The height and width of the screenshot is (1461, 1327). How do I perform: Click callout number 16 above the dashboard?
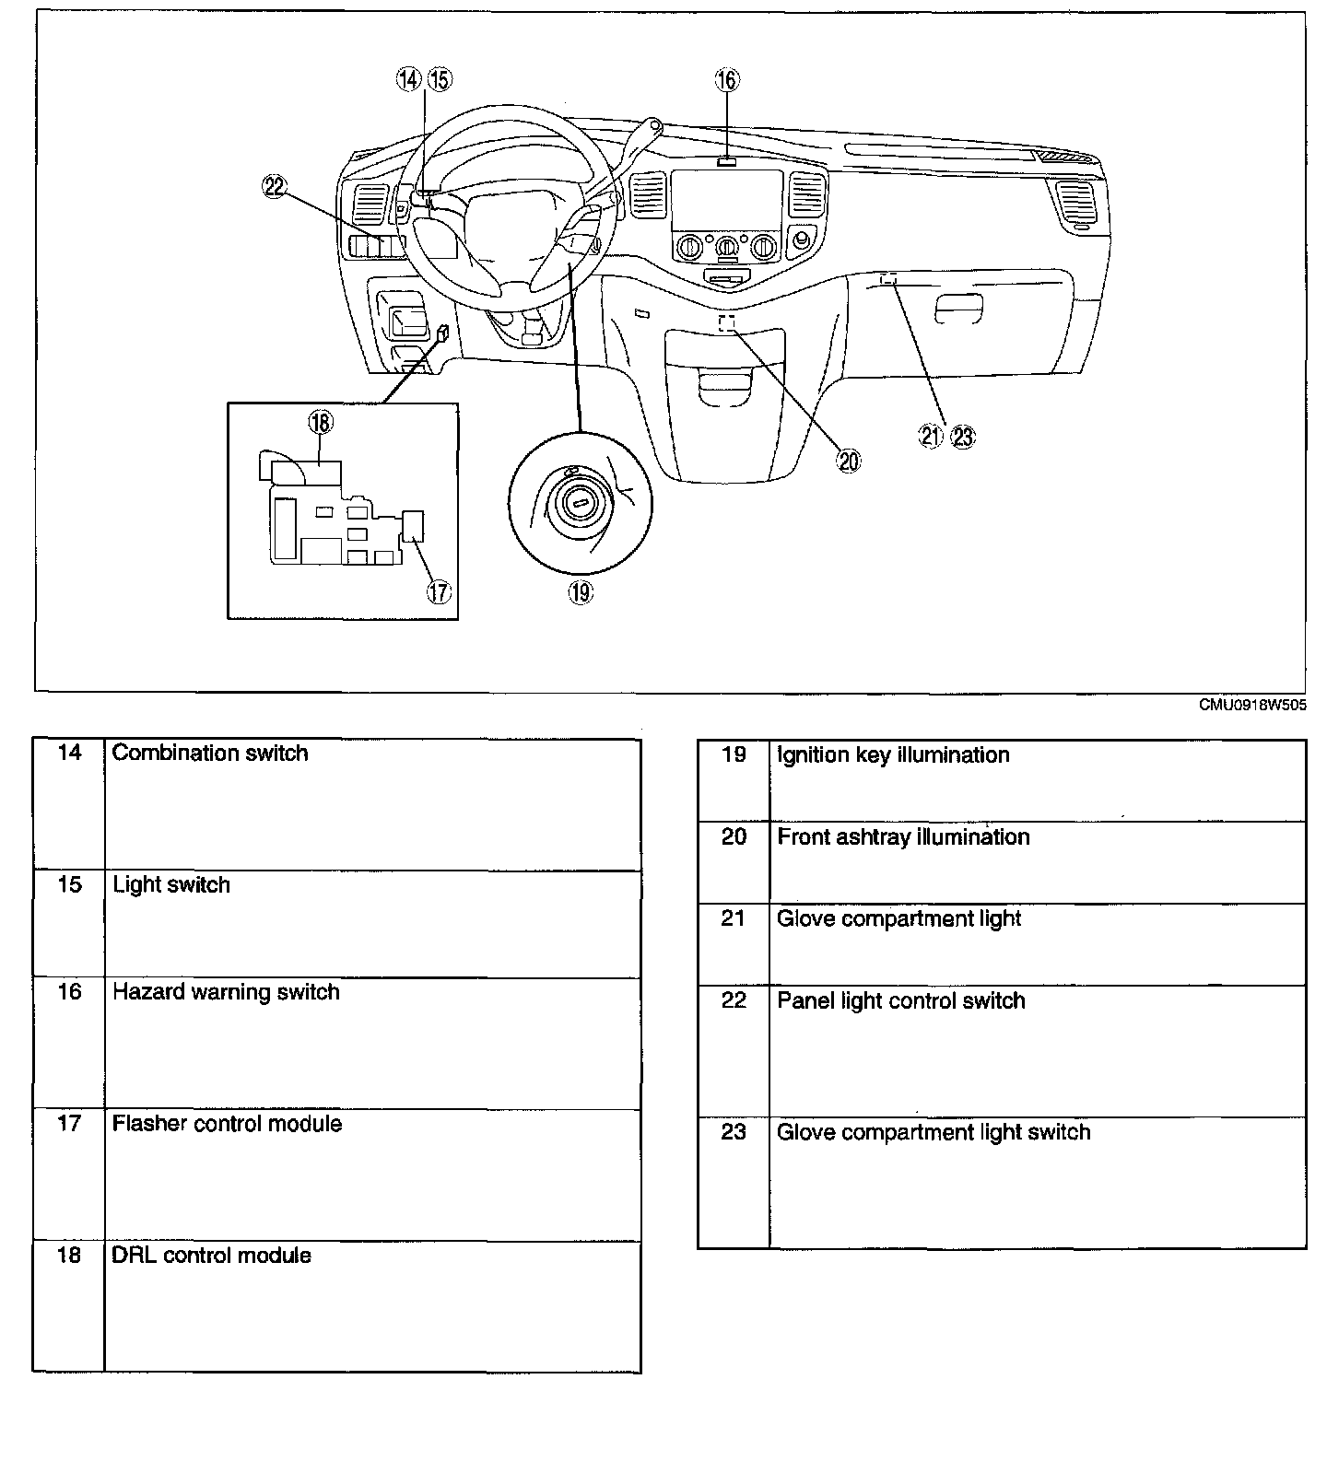pyautogui.click(x=727, y=80)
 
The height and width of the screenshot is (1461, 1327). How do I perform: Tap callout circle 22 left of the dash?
pyautogui.click(x=275, y=188)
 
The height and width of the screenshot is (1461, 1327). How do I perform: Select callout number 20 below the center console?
pyautogui.click(x=849, y=461)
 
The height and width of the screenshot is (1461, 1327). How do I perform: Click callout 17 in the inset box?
pyautogui.click(x=439, y=590)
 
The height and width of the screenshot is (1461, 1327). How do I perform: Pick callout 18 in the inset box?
pyautogui.click(x=320, y=423)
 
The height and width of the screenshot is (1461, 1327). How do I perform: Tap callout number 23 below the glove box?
pyautogui.click(x=963, y=437)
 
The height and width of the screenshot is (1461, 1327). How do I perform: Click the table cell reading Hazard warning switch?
pyautogui.click(x=226, y=992)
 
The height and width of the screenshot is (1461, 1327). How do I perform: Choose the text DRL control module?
pyautogui.click(x=211, y=1256)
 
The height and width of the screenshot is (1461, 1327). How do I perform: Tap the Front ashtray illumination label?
pyautogui.click(x=903, y=837)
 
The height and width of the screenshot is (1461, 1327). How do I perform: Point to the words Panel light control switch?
pyautogui.click(x=900, y=1001)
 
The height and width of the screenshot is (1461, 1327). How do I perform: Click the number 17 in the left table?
pyautogui.click(x=70, y=1124)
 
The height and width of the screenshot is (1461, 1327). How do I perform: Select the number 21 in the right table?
pyautogui.click(x=734, y=919)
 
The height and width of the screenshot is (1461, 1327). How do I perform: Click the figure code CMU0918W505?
pyautogui.click(x=1251, y=706)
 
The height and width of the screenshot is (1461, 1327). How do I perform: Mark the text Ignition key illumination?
pyautogui.click(x=893, y=755)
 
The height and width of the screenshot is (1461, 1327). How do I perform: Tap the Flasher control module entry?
pyautogui.click(x=227, y=1124)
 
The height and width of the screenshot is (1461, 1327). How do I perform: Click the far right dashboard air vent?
pyautogui.click(x=1075, y=204)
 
